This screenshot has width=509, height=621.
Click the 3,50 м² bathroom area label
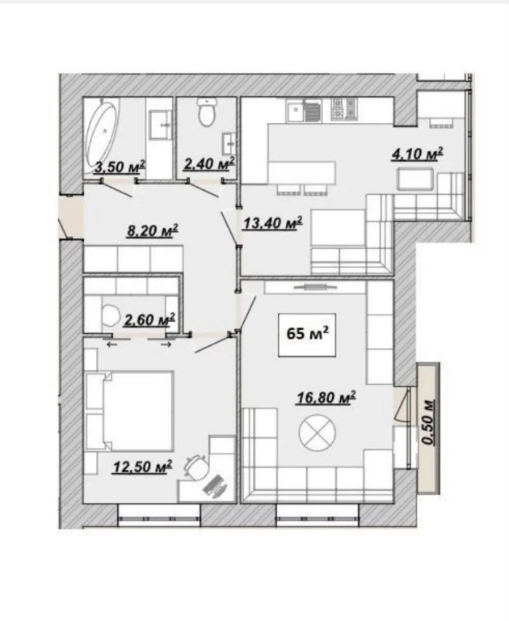pos(120,167)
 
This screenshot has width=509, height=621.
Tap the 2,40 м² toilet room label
pos(209,163)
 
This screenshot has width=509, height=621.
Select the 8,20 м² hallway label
pos(153,230)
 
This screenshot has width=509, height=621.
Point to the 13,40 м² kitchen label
pos(273,222)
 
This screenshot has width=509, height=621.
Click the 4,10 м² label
pos(417,154)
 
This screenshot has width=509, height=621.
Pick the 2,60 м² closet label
pos(149,319)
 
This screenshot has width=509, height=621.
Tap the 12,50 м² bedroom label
pos(142,466)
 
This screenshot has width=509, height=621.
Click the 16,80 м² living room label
pos(326,397)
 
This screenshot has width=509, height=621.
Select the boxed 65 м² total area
pos(307,335)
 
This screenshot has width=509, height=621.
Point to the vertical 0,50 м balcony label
pos(429,422)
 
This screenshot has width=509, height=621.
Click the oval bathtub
pos(103,132)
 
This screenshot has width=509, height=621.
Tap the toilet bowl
pos(207,112)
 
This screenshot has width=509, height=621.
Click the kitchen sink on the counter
pos(296,111)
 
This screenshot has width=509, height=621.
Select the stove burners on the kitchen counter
pos(344,109)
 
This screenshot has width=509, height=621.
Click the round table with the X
pos(317,433)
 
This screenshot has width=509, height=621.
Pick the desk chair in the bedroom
pos(196,467)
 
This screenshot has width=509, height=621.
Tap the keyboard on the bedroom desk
pos(215,486)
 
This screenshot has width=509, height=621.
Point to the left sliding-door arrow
pos(112,344)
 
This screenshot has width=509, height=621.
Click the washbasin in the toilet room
pos(229,144)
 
